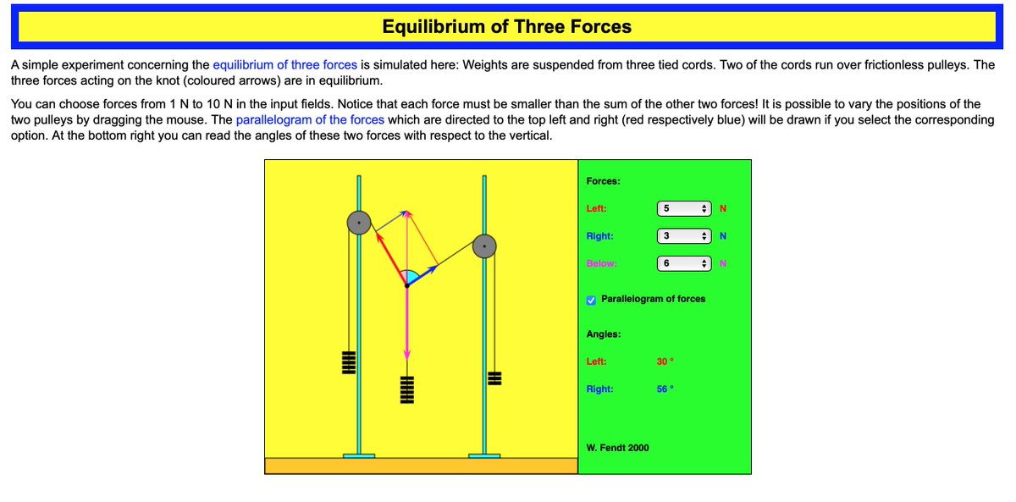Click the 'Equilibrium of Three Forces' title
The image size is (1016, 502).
pos(506,26)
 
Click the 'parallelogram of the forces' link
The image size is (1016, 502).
pos(310,119)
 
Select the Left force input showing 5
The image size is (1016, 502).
pos(682,208)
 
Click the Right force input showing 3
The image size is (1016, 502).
pos(682,236)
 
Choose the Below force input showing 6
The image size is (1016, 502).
pos(682,263)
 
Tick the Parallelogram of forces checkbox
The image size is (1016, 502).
pos(592,299)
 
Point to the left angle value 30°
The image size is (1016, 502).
pos(665,361)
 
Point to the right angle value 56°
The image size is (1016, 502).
pos(665,389)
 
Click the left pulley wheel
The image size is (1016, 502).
pos(359,223)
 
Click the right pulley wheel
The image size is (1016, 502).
pos(483,246)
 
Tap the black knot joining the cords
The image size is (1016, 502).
pos(406,286)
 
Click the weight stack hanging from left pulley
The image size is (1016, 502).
pos(346,362)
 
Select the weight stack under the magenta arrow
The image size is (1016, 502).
pos(406,389)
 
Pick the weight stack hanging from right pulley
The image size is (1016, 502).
pos(495,378)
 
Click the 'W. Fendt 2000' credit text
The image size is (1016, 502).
pos(617,448)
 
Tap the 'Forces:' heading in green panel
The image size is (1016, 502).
pos(603,181)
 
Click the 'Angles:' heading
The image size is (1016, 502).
pos(604,334)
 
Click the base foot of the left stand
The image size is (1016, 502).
pos(359,455)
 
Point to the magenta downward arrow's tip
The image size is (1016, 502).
pos(406,356)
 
